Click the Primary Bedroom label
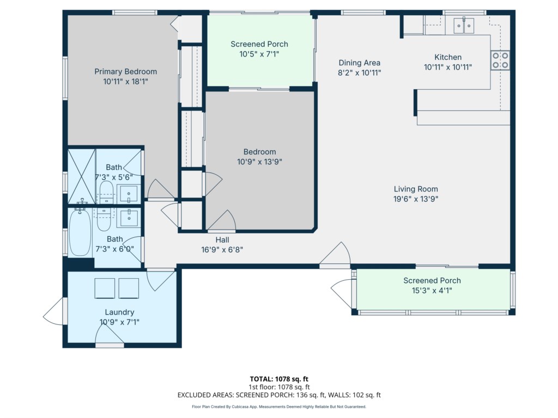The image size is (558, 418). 126,71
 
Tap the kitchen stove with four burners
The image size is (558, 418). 500,60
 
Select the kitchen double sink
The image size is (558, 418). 464,26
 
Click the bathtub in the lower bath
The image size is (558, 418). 80,232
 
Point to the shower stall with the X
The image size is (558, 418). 82,177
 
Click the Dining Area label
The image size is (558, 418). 360,63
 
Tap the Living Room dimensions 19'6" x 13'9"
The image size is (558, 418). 416,199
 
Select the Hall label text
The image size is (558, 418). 222,240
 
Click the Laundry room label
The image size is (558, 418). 119,312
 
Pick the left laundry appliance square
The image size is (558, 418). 105,288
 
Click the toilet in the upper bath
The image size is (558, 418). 106,192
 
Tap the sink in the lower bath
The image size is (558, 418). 129,217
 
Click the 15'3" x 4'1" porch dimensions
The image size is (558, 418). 432,291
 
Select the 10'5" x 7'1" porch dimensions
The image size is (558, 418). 259,54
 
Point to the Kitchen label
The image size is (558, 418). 448,57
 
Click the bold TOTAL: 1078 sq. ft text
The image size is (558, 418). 279,379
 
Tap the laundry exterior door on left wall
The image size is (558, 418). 55,311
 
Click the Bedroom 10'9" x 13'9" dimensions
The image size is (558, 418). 259,162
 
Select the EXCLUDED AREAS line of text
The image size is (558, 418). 279,395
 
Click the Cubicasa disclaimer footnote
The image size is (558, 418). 279,407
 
